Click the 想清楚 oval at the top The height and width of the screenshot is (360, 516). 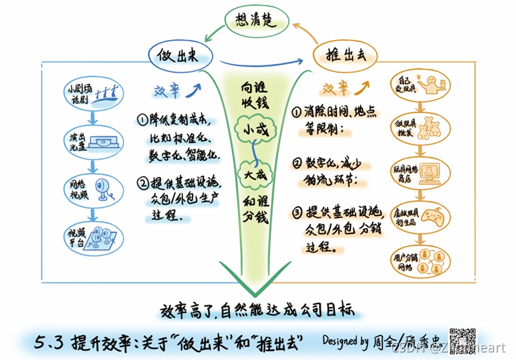click(256, 20)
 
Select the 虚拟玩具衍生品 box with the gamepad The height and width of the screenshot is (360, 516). click(421, 216)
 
